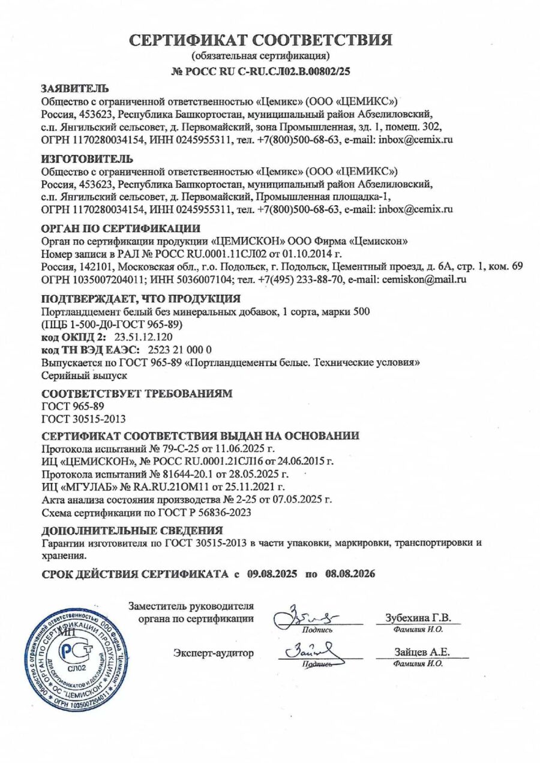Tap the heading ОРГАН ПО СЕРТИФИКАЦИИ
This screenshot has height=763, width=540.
coord(121,229)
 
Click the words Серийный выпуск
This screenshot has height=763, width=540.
coord(85,376)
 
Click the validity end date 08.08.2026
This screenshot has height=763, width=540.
coord(350,573)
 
